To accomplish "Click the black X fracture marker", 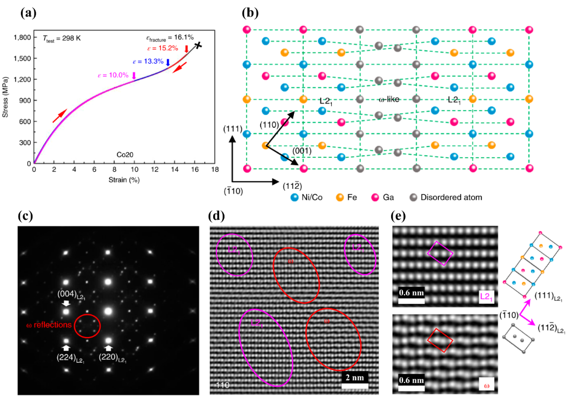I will (198, 45).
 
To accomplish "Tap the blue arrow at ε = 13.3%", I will (168, 63).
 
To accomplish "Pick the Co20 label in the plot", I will (125, 155).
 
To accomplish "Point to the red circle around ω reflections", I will (87, 325).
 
